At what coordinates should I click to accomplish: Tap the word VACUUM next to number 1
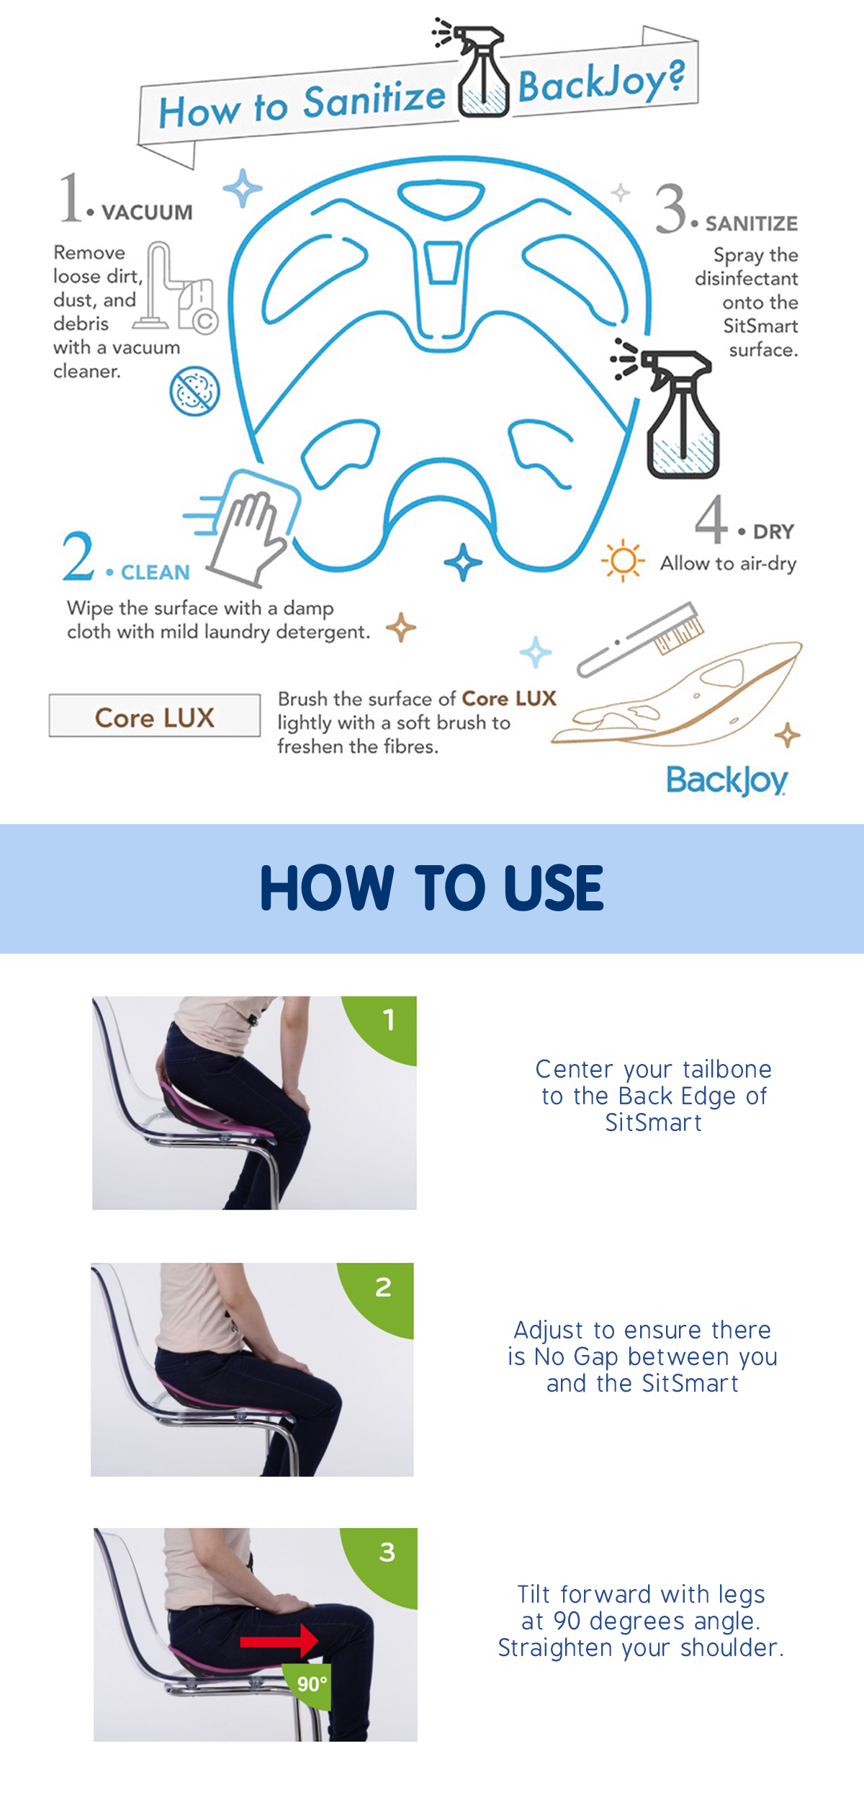[x=147, y=213]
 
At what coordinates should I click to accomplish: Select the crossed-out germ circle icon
[x=194, y=391]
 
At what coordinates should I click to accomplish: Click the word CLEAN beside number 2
[x=155, y=573]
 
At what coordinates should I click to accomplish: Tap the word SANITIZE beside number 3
[x=751, y=224]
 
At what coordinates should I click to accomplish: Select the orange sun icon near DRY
[x=623, y=560]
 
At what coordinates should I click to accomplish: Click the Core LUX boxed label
[x=155, y=716]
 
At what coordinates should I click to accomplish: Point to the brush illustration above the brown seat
[x=641, y=638]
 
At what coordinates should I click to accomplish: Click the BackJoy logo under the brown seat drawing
[x=726, y=781]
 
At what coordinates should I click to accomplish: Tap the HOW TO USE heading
[x=432, y=888]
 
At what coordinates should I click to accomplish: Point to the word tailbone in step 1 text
[x=726, y=1069]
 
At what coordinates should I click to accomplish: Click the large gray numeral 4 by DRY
[x=711, y=520]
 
